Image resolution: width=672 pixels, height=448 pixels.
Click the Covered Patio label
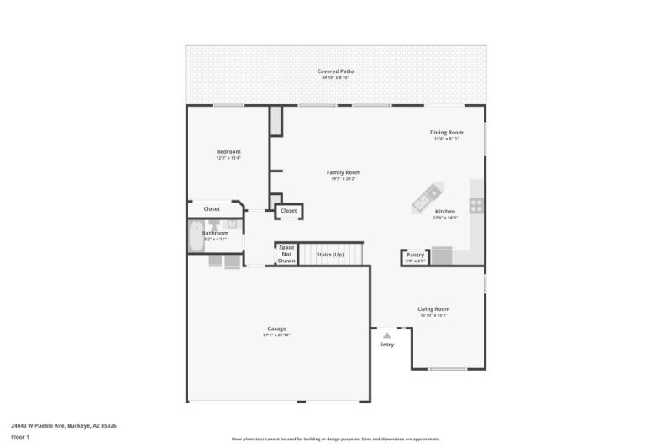click(x=335, y=71)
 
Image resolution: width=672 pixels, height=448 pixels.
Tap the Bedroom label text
click(x=228, y=151)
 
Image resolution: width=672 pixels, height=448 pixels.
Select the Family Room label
click(x=344, y=172)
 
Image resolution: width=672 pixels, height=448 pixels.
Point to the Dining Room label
click(x=446, y=132)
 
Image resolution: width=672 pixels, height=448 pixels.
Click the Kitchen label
click(x=445, y=211)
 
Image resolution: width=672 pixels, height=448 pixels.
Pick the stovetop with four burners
click(x=476, y=204)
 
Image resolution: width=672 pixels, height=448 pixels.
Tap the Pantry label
click(x=416, y=255)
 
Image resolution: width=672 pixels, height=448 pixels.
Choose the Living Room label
click(x=433, y=308)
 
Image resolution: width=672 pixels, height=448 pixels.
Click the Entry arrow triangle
click(x=386, y=335)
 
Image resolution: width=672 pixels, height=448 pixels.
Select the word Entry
click(x=386, y=345)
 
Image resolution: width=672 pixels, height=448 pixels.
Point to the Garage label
click(x=276, y=329)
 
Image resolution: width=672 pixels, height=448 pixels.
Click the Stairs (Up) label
click(x=330, y=254)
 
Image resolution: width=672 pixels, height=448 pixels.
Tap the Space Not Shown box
click(x=286, y=254)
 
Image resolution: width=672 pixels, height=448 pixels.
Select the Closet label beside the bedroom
click(x=212, y=208)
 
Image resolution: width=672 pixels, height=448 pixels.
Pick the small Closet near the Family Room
click(x=288, y=211)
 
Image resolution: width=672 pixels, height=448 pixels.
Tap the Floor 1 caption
click(x=20, y=437)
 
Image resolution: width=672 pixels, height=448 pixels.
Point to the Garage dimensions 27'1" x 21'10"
click(x=276, y=335)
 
